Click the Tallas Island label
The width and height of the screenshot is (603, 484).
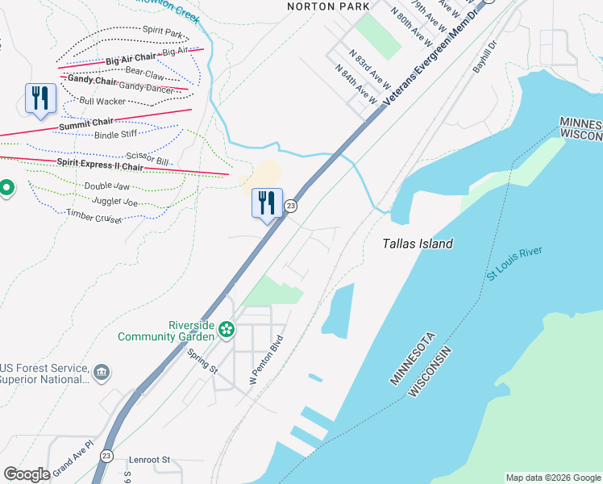417,244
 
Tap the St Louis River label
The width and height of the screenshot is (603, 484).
514,265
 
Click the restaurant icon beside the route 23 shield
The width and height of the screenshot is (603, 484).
267,203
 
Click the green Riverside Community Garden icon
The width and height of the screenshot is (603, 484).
227,329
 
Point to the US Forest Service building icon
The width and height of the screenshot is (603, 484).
102,372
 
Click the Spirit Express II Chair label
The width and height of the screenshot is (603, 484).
99,165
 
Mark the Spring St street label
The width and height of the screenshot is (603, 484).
202,361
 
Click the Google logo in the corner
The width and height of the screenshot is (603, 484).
27,474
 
